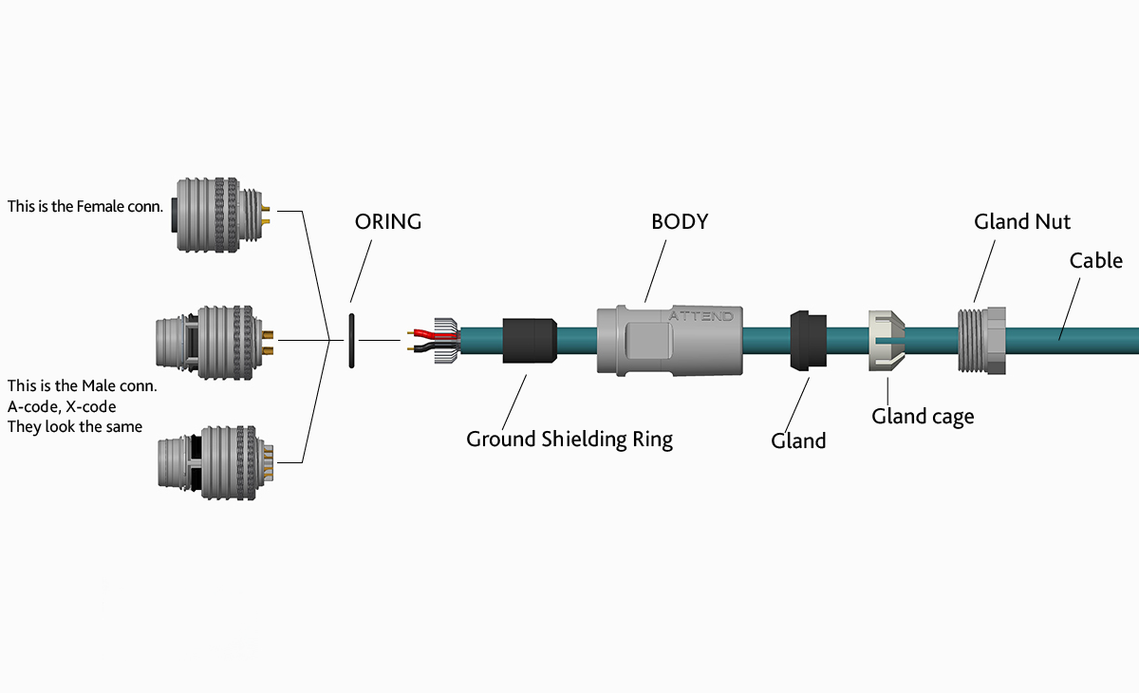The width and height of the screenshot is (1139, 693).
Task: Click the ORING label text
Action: pyautogui.click(x=387, y=222)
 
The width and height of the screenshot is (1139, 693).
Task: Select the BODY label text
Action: pyautogui.click(x=680, y=222)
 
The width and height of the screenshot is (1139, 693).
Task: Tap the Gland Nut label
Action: pyautogui.click(x=1022, y=222)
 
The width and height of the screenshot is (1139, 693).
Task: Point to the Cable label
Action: pyautogui.click(x=1095, y=260)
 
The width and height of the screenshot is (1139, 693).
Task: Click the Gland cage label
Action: pyautogui.click(x=923, y=416)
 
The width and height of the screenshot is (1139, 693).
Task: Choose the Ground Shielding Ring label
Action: pyautogui.click(x=569, y=440)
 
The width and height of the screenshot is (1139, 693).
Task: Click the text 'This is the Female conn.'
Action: pyautogui.click(x=85, y=206)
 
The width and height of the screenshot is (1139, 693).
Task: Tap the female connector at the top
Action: pyautogui.click(x=215, y=215)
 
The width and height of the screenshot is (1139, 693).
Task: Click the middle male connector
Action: pyautogui.click(x=211, y=339)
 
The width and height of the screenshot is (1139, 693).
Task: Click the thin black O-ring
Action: pyautogui.click(x=351, y=339)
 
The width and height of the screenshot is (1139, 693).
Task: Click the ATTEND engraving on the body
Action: pyautogui.click(x=701, y=316)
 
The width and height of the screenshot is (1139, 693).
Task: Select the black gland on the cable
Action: pyautogui.click(x=808, y=339)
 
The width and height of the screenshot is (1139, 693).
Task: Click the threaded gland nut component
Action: pyautogui.click(x=981, y=340)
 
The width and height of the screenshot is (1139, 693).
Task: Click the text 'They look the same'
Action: pyautogui.click(x=75, y=426)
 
